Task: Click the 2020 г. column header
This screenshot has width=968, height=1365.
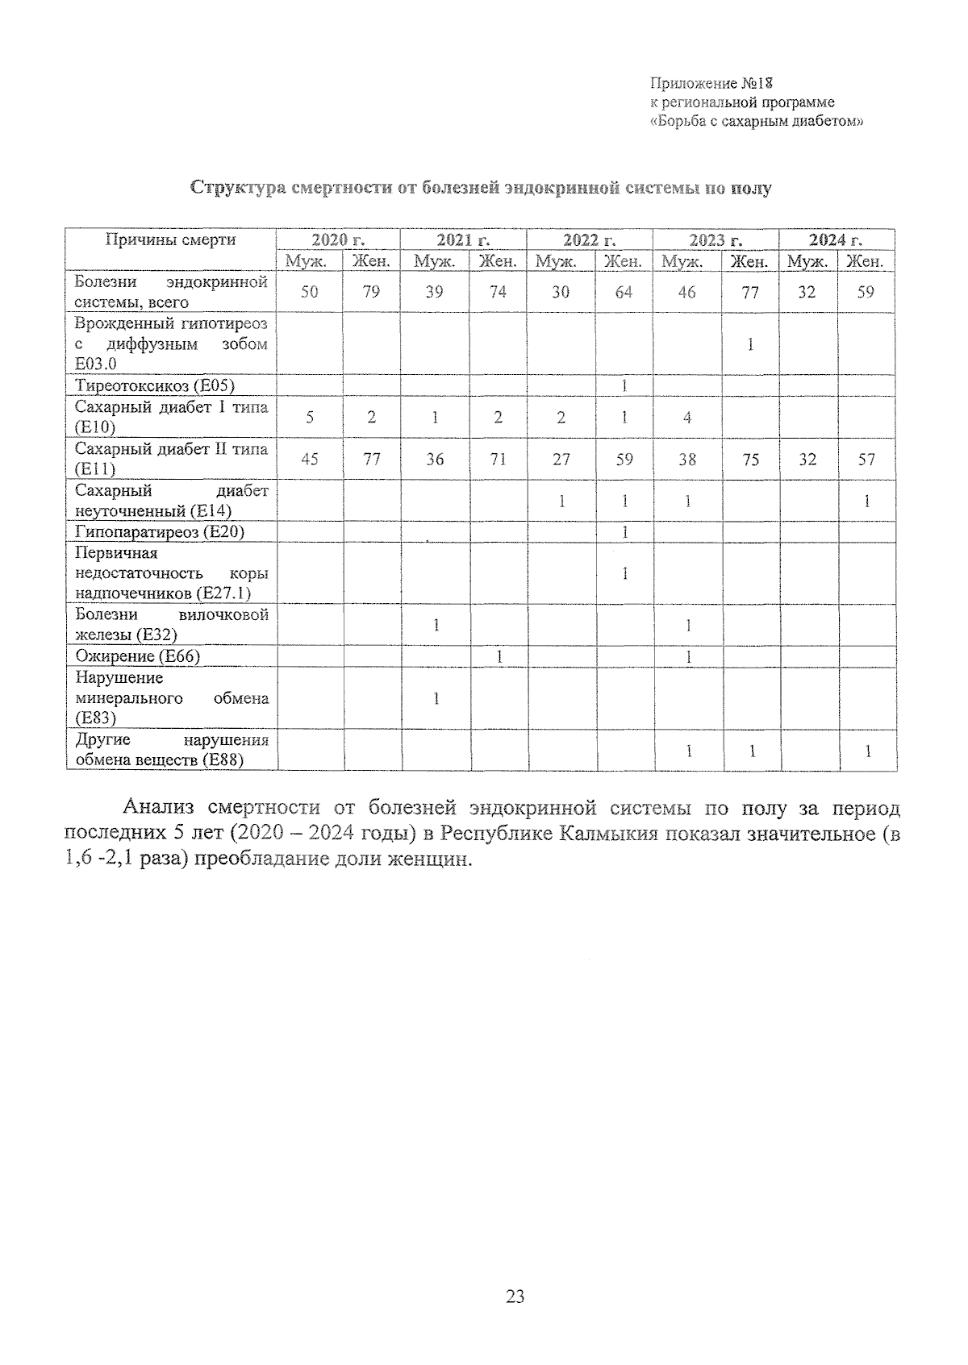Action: click(x=338, y=239)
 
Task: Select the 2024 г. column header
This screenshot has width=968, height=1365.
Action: click(x=837, y=239)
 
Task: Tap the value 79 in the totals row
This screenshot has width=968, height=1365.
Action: click(x=371, y=292)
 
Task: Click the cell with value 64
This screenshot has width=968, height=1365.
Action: click(x=624, y=292)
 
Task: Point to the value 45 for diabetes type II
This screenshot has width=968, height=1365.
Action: click(x=309, y=459)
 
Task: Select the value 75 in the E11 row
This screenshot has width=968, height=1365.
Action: click(x=750, y=459)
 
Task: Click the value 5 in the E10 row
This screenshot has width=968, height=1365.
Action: click(x=309, y=417)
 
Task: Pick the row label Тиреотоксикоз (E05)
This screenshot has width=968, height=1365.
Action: click(x=155, y=385)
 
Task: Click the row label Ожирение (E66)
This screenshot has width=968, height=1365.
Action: click(x=137, y=656)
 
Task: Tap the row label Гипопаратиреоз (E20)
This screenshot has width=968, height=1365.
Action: click(x=159, y=531)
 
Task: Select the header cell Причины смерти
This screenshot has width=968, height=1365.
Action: click(x=171, y=239)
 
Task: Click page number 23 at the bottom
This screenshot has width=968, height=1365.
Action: click(x=515, y=1296)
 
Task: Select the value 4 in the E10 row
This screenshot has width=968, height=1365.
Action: click(x=686, y=417)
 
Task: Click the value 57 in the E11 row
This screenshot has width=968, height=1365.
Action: click(x=866, y=459)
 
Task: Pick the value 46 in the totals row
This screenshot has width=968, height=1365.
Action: click(x=686, y=292)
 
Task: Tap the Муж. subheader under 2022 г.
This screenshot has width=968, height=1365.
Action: click(x=556, y=261)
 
